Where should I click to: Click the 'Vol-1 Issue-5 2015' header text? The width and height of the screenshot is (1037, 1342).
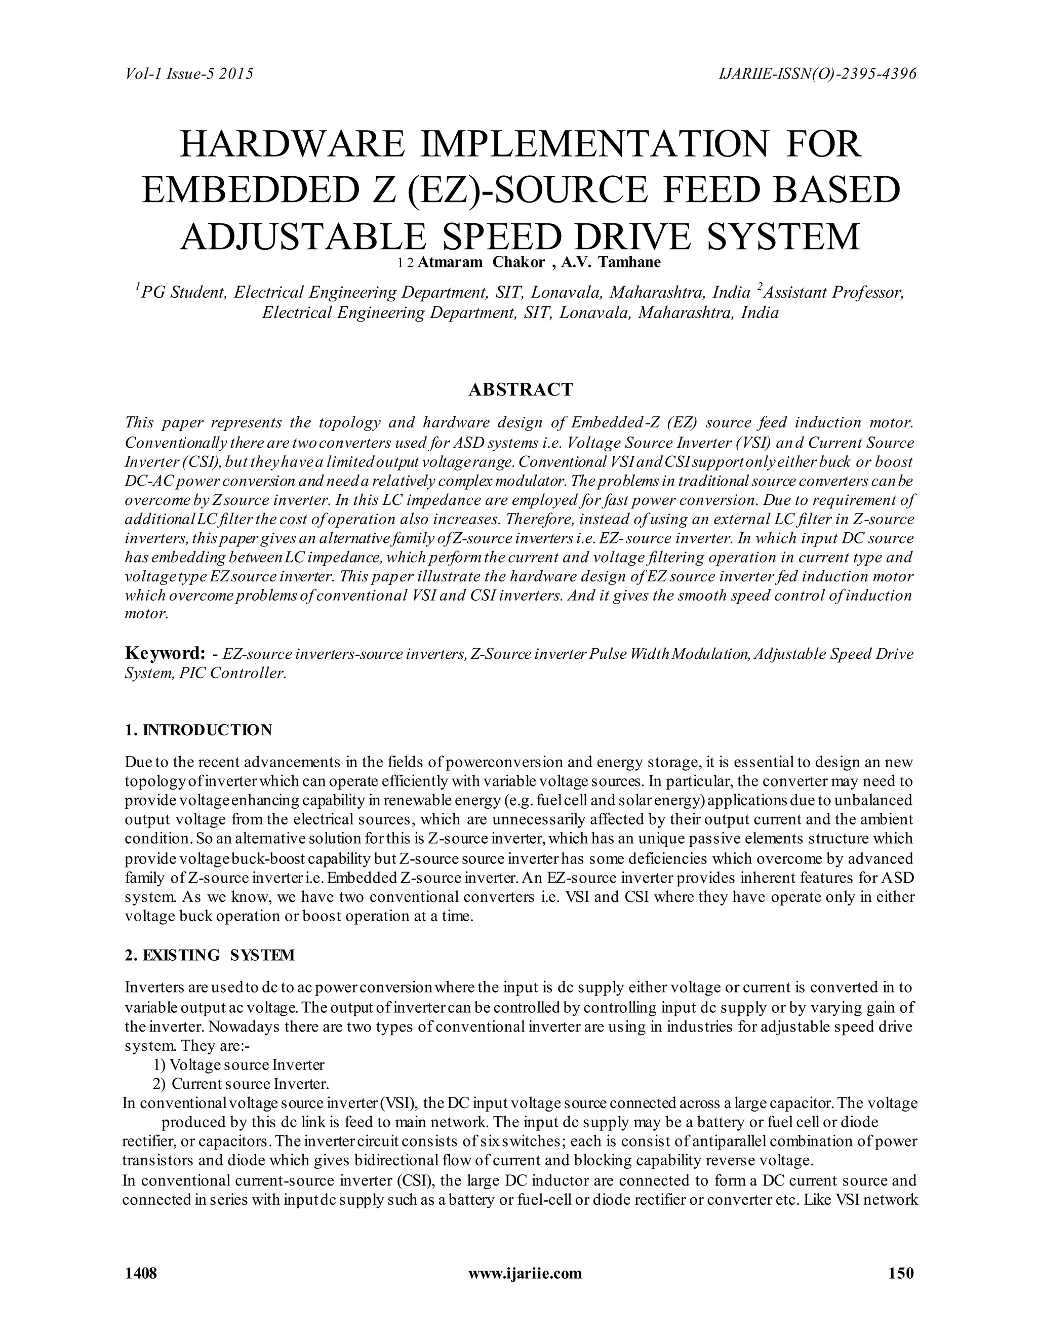click(x=189, y=74)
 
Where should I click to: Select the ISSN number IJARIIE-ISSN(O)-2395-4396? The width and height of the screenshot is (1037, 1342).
click(x=817, y=74)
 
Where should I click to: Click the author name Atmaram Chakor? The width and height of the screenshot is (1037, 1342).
click(x=481, y=262)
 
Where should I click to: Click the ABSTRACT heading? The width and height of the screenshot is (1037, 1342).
click(x=521, y=389)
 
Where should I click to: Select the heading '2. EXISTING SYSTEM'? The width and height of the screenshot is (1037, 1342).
click(x=210, y=956)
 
